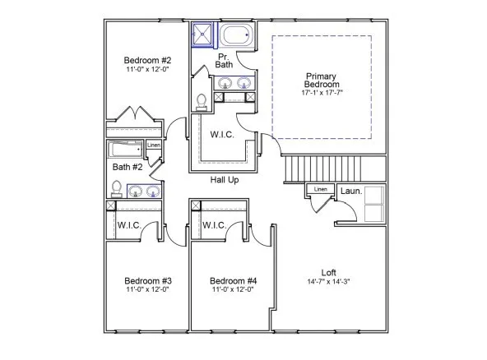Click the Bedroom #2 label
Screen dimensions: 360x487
coord(147,60)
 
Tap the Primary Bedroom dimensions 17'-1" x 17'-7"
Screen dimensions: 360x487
coord(321,94)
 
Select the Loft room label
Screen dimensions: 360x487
coord(328,272)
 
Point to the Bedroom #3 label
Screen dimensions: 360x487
coord(148,279)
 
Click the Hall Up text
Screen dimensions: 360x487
coord(225,179)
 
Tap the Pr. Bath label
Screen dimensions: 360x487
coord(224,60)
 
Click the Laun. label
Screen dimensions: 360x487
coord(351,191)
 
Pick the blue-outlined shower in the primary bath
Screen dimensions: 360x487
coord(203,35)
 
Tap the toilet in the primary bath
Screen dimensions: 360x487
coord(202,100)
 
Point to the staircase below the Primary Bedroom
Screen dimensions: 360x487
coord(322,170)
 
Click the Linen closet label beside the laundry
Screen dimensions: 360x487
coord(321,190)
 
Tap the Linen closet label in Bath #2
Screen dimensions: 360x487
coord(154,146)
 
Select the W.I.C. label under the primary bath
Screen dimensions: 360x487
coord(225,133)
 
